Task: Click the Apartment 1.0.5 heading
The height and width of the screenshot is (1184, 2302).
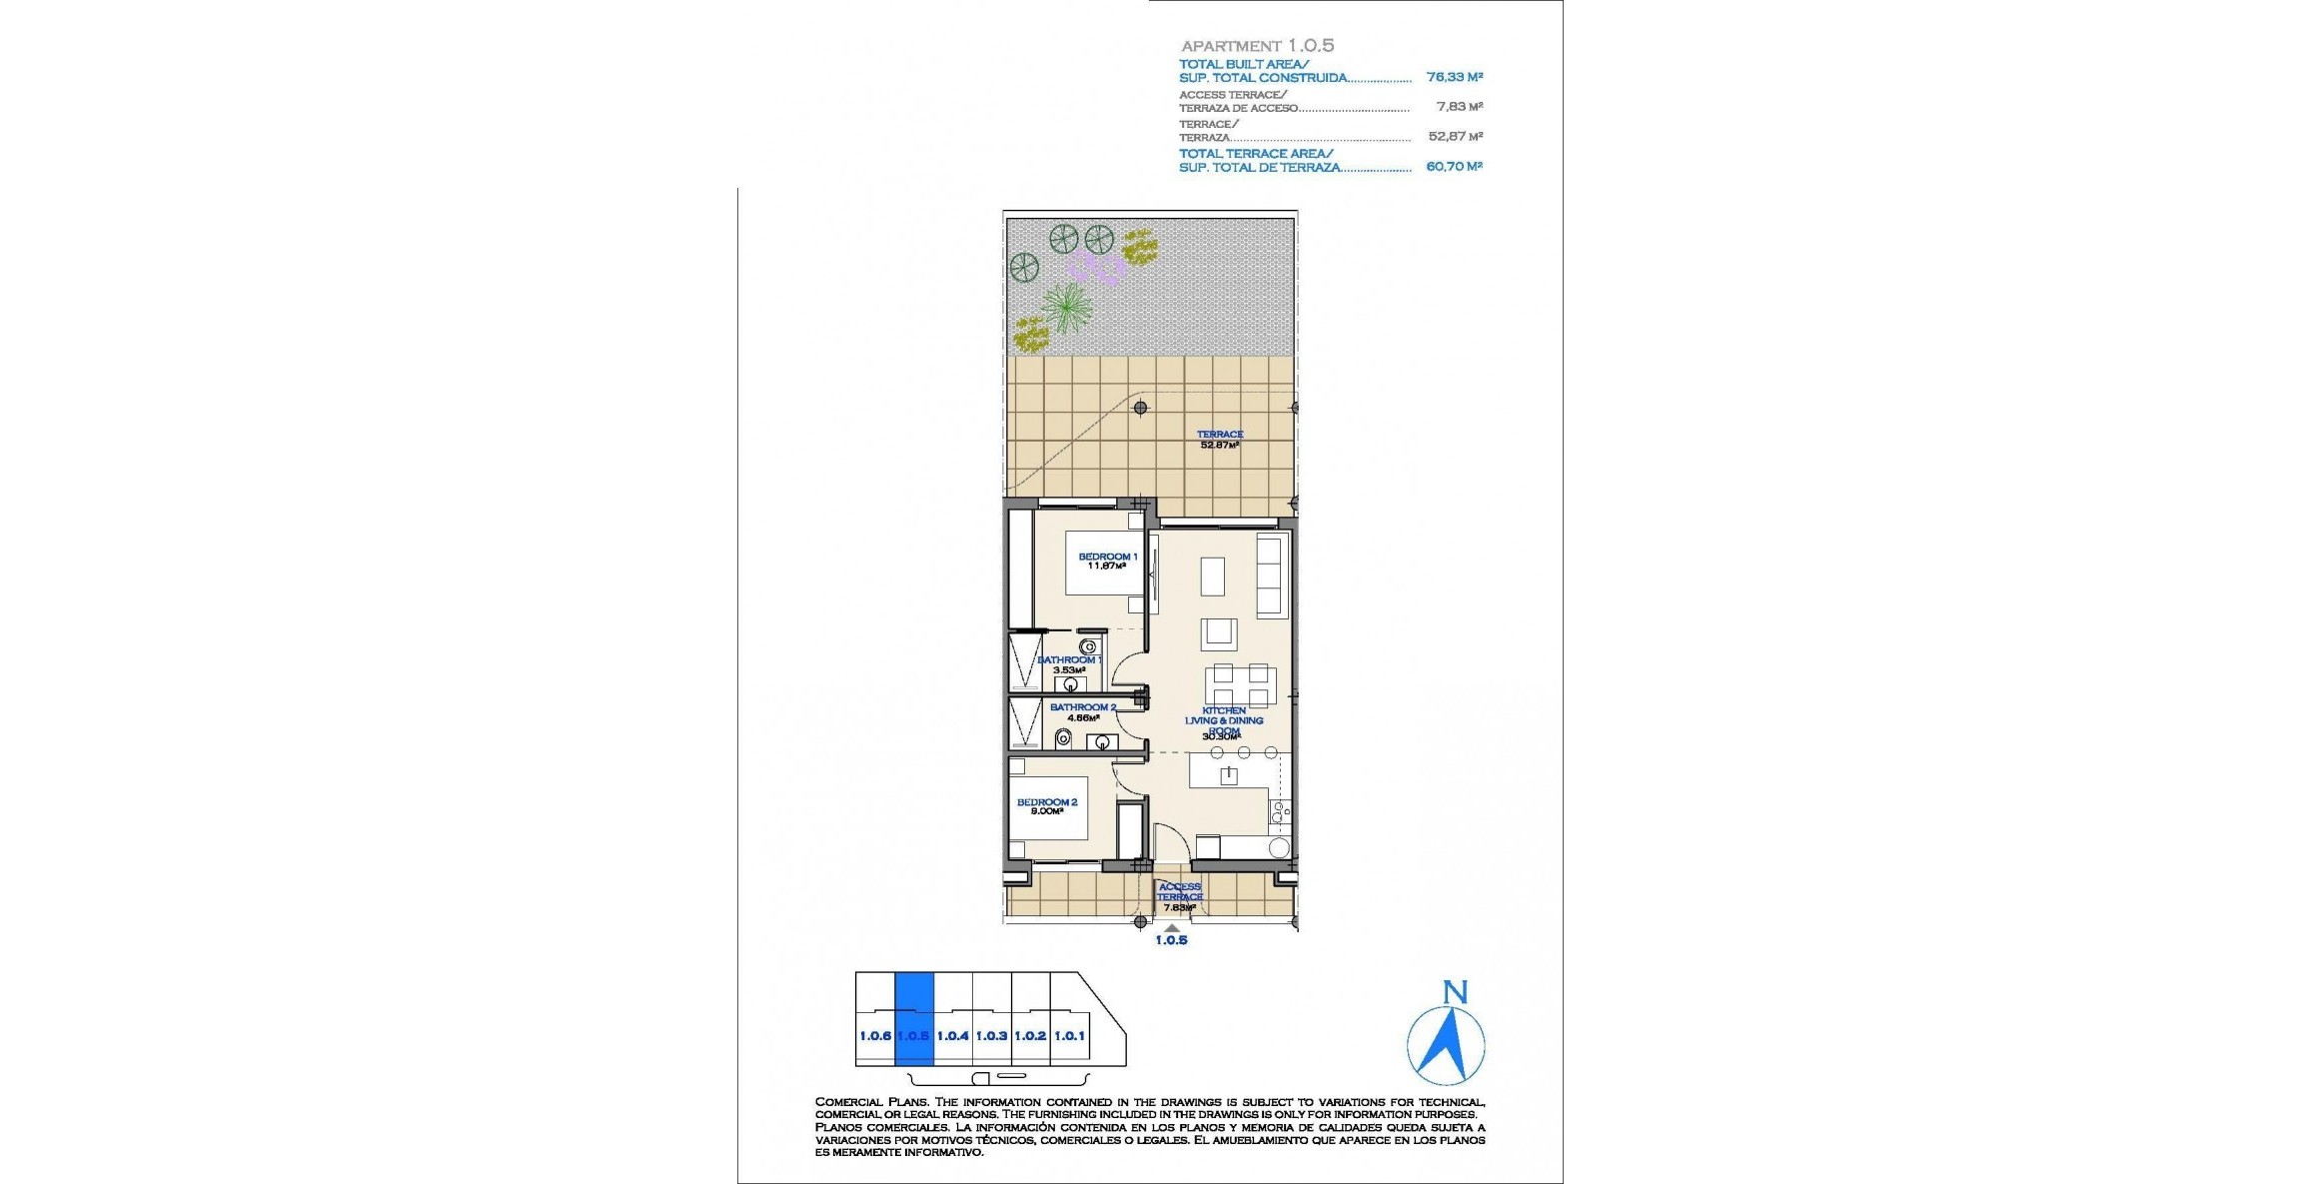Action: pyautogui.click(x=1257, y=45)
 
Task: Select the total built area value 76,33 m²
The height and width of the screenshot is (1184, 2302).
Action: pyautogui.click(x=1454, y=77)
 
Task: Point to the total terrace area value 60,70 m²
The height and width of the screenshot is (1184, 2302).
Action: pyautogui.click(x=1454, y=167)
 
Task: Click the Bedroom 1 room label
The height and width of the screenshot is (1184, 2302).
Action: pyautogui.click(x=1107, y=561)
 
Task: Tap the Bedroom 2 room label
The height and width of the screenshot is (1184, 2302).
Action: pyautogui.click(x=1046, y=806)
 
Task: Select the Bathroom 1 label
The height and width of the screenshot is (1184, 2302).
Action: pyautogui.click(x=1069, y=664)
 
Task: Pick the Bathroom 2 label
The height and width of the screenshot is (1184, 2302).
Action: pyautogui.click(x=1082, y=711)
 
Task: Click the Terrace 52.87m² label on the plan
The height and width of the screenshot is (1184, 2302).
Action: pyautogui.click(x=1219, y=440)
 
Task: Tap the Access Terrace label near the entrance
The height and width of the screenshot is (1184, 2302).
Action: pyautogui.click(x=1179, y=895)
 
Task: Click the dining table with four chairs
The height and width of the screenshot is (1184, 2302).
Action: pyautogui.click(x=1240, y=684)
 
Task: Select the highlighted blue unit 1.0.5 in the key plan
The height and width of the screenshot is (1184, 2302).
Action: pyautogui.click(x=913, y=1019)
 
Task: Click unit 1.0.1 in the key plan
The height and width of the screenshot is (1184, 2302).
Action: pyautogui.click(x=1069, y=1036)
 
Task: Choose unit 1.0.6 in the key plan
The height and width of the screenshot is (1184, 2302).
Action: pyautogui.click(x=875, y=1036)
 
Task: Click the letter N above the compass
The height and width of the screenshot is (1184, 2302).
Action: pyautogui.click(x=1455, y=992)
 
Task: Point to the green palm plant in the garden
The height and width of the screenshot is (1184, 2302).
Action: pyautogui.click(x=1067, y=306)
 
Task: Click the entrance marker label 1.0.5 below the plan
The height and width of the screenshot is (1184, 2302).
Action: pyautogui.click(x=1171, y=940)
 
